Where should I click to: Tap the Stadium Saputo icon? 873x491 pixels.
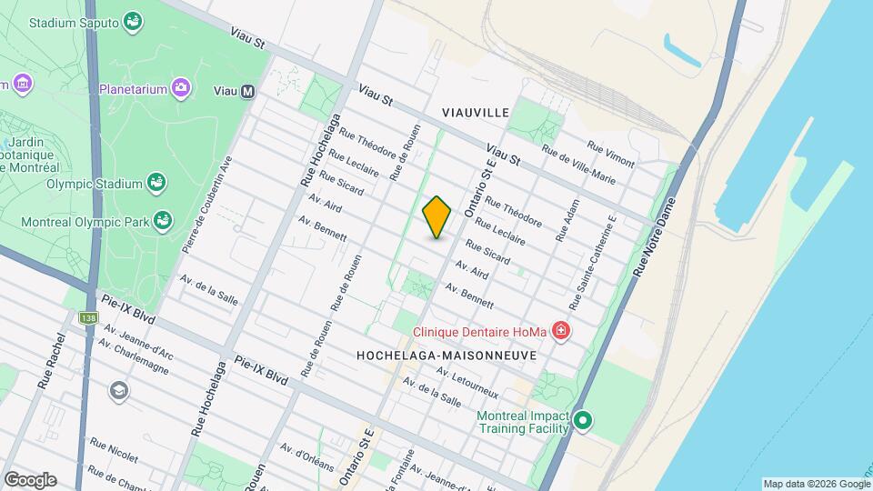tap(133, 20)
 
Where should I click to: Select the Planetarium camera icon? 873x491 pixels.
tap(182, 88)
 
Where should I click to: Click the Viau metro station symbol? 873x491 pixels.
tap(248, 91)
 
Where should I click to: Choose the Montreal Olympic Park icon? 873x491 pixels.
tap(163, 220)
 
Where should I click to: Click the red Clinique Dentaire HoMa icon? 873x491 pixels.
tap(561, 331)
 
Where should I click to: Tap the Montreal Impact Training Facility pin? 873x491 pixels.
tap(583, 421)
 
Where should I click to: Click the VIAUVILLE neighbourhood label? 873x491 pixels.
tap(475, 112)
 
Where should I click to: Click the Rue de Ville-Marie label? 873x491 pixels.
tap(578, 165)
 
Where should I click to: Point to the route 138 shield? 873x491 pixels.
tap(87, 318)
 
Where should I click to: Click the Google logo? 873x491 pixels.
tap(30, 479)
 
